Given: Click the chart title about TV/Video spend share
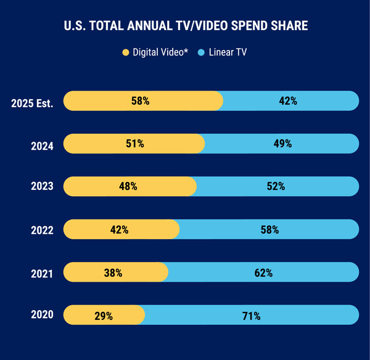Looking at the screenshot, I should point(185,27).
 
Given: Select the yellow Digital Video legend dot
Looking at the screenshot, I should point(126,53).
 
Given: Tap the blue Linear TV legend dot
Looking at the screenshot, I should point(200,53).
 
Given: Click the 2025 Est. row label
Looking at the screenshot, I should point(32,103).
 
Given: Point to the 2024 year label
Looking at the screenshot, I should point(42,146).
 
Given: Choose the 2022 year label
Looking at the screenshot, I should point(42,231).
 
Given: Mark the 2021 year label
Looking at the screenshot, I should point(42,273).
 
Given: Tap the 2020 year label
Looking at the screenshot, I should point(42,316).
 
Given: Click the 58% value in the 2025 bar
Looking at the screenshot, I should point(140,100).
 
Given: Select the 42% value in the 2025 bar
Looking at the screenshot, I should point(289,100).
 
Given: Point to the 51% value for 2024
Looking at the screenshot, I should point(134,144).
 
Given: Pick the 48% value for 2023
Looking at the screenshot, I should point(128,186).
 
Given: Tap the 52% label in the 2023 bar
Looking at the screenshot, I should point(276,186).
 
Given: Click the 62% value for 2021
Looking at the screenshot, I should point(263,272).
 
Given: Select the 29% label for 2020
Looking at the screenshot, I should point(103,315).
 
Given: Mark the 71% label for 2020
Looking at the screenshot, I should point(251,315).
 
